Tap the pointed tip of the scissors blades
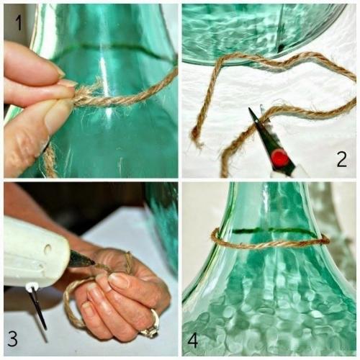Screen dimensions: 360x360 pos(253,109)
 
